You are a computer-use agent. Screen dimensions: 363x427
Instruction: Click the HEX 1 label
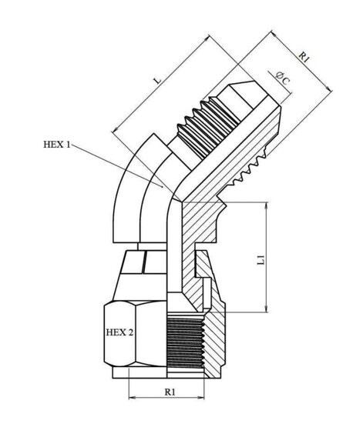coord(57,145)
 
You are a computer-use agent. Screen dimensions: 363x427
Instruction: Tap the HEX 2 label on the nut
coord(119,332)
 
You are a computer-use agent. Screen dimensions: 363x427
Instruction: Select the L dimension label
coord(158,81)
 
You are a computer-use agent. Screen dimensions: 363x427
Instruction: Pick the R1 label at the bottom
coord(170,392)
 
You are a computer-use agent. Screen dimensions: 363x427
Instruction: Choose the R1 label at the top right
coord(304,57)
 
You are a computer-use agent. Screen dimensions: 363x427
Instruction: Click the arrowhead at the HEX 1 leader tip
coord(161,185)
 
